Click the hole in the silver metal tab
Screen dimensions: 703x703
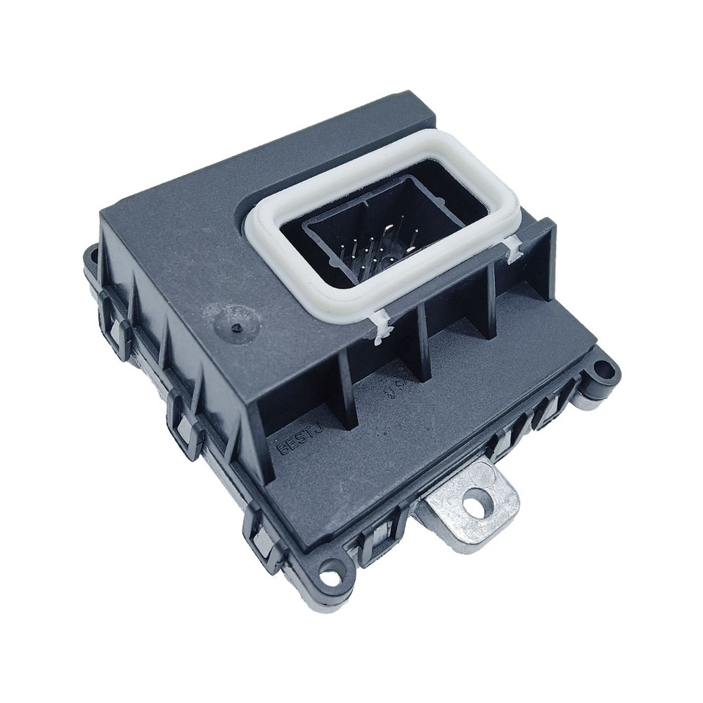pyautogui.click(x=480, y=503)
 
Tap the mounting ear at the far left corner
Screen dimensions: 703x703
pyautogui.click(x=92, y=258)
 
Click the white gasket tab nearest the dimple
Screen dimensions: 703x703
pyautogui.click(x=380, y=327)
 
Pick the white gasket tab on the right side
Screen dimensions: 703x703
pyautogui.click(x=513, y=249)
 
